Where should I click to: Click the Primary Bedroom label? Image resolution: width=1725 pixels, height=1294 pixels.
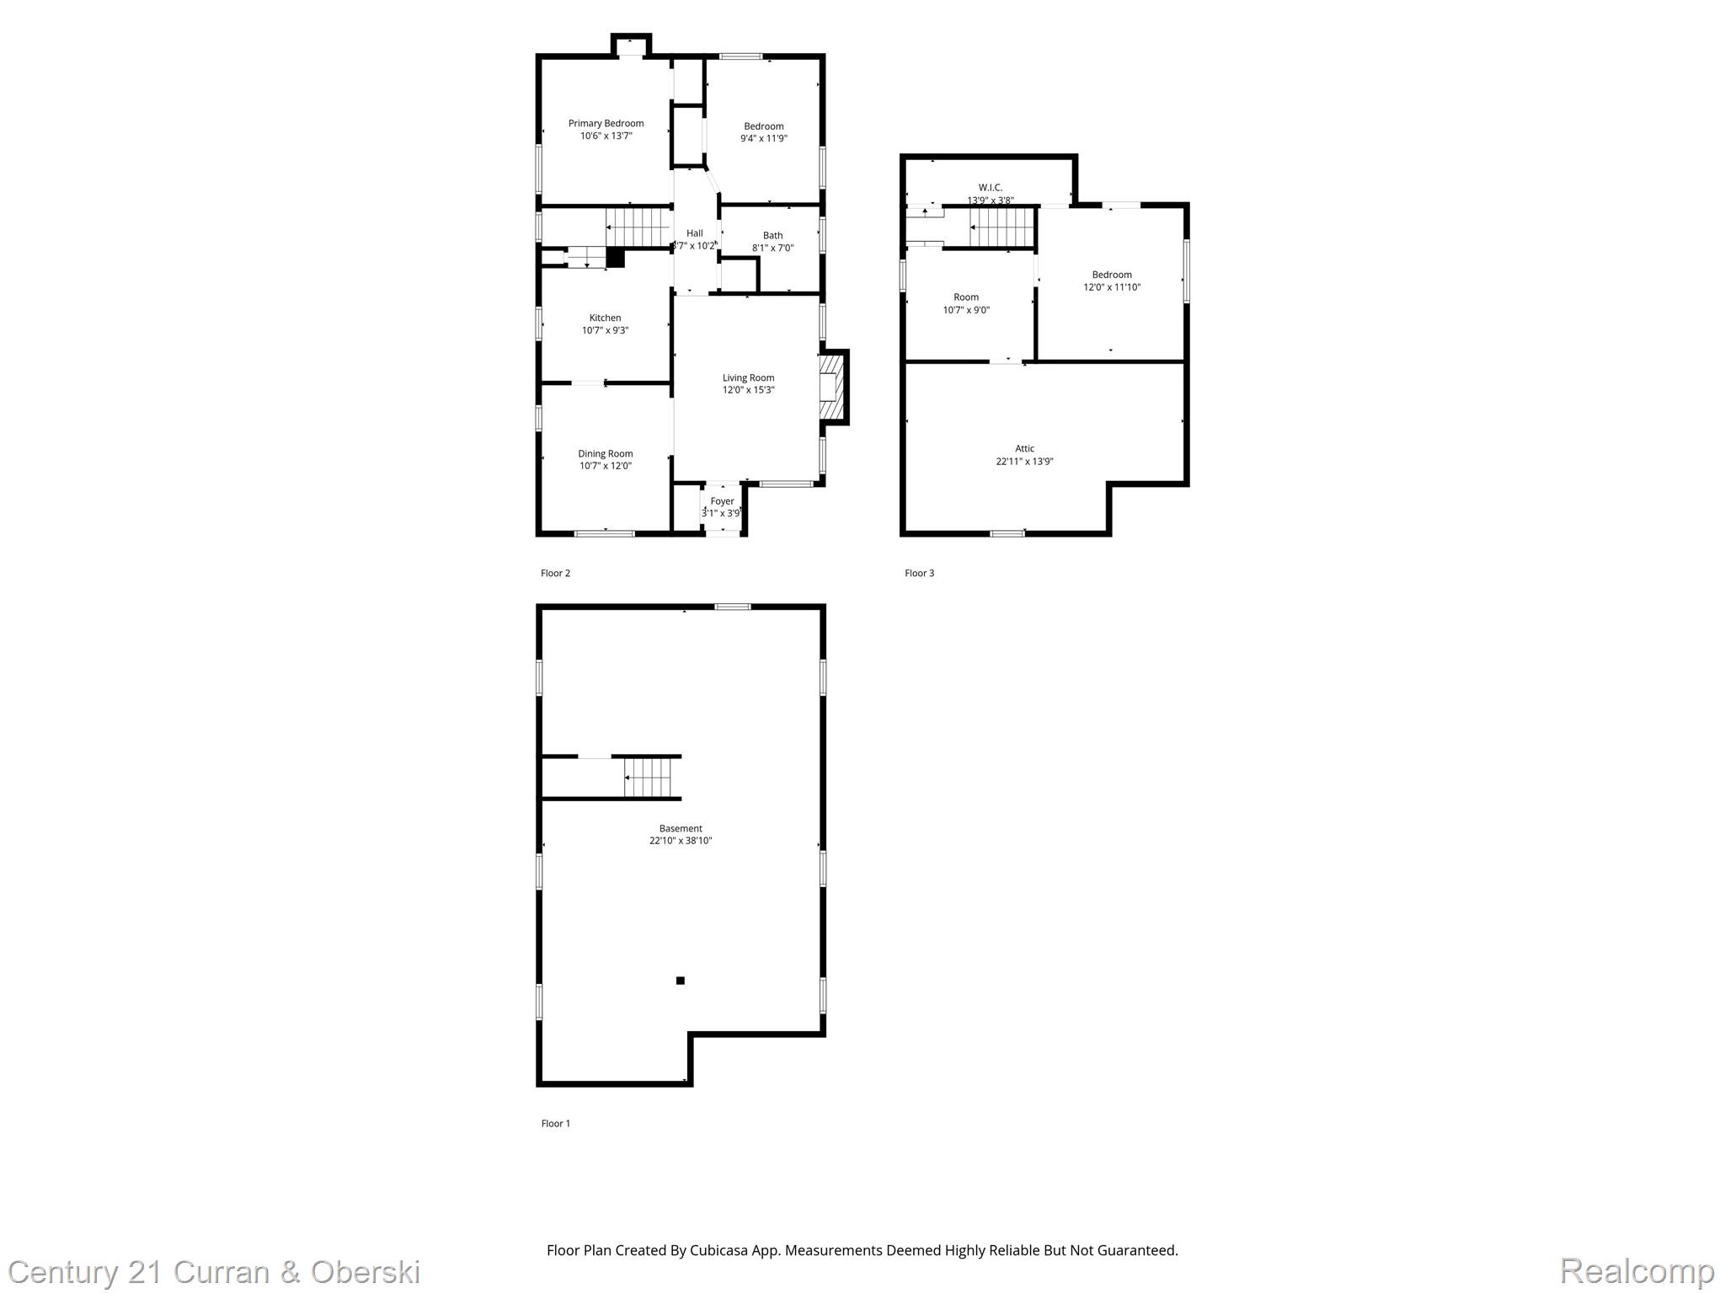(x=606, y=124)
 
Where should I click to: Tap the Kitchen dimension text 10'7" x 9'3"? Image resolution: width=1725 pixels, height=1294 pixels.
(x=605, y=331)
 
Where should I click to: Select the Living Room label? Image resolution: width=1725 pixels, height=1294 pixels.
(x=748, y=378)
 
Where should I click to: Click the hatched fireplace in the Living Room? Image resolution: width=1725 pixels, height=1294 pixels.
(x=831, y=387)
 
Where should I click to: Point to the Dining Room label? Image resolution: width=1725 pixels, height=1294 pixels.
(x=605, y=454)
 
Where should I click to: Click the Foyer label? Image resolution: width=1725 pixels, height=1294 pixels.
(x=722, y=501)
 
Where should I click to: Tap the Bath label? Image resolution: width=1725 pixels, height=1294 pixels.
(x=772, y=236)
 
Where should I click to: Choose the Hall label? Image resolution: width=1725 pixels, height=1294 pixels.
(x=694, y=233)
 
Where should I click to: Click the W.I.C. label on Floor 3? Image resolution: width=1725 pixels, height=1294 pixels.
(x=990, y=188)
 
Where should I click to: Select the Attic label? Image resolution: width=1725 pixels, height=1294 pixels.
(x=1024, y=449)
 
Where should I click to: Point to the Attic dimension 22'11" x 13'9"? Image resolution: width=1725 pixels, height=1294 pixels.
(x=1024, y=462)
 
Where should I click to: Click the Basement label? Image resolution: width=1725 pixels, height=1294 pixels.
(x=681, y=829)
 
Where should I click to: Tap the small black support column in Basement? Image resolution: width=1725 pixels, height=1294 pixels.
(x=681, y=981)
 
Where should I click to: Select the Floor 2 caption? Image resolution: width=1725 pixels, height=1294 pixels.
(x=555, y=574)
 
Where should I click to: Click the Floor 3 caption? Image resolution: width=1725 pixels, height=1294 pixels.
(x=919, y=574)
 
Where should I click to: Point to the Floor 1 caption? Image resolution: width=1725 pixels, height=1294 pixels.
(x=555, y=1124)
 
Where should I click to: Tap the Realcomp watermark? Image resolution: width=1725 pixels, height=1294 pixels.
(x=1637, y=1270)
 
